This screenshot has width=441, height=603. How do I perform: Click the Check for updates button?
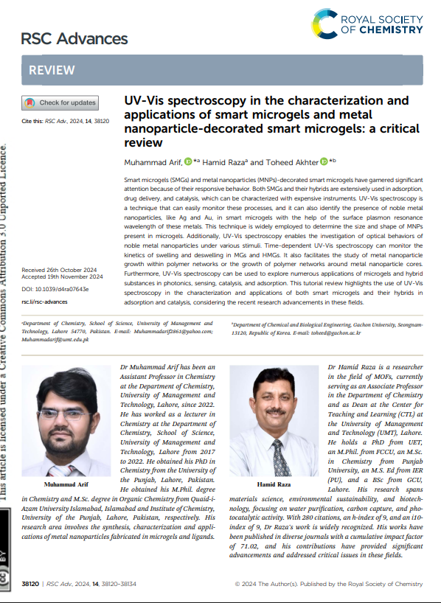point(61,102)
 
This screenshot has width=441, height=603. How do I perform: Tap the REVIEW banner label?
point(52,70)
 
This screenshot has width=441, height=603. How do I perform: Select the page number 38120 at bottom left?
point(30,584)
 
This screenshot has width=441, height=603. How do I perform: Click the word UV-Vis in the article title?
point(144,100)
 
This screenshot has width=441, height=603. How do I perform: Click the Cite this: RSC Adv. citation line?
point(66,119)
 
